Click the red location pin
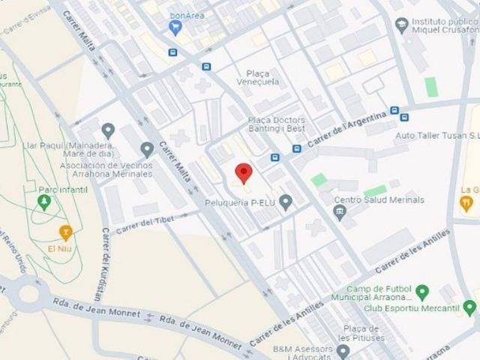coord(244,172)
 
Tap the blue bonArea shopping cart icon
coord(175,28)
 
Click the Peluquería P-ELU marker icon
coord(286,202)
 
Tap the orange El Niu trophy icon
coord(65,231)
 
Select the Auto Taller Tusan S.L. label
coord(437,136)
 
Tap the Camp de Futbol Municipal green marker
coord(421,292)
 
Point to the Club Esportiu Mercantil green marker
coord(469,307)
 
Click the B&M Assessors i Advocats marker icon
coord(343,350)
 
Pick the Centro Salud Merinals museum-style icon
coord(340,212)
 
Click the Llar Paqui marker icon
coord(108,130)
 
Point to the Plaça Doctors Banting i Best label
coord(276,124)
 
